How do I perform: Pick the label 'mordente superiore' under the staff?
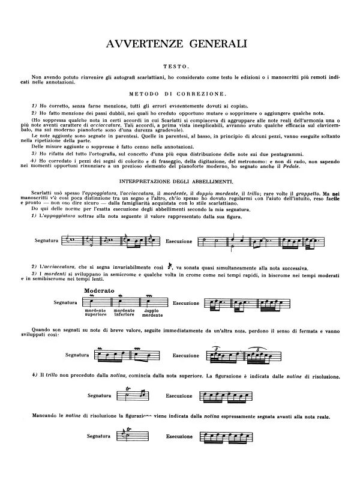[x=95, y=313]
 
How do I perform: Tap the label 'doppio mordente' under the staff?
[x=154, y=313]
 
